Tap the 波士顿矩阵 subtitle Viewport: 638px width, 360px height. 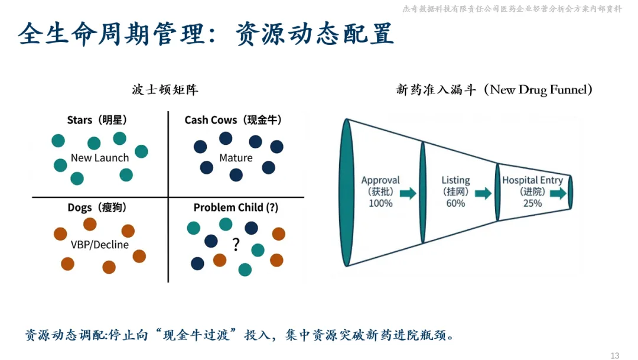(165, 90)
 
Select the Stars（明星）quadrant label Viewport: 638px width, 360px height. (97, 120)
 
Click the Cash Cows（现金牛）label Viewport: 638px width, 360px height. (233, 120)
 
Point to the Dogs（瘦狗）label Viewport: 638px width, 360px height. (97, 207)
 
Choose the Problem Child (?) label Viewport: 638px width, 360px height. (236, 207)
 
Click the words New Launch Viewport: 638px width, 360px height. (99, 158)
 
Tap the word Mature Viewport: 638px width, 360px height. (236, 158)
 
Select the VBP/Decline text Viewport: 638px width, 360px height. (99, 245)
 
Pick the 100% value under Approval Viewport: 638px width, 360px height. (380, 203)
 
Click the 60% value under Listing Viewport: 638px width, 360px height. (455, 203)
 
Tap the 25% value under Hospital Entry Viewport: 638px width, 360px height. (532, 203)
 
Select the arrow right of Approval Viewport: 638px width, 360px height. (408, 193)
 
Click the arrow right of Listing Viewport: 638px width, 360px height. (483, 193)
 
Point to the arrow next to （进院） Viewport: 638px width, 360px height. (555, 193)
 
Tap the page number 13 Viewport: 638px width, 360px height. (614, 355)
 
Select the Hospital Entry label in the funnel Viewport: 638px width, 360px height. (532, 180)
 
